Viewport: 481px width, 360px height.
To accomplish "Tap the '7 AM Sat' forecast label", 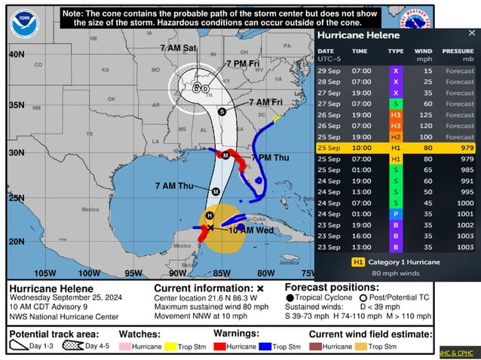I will click(179, 48).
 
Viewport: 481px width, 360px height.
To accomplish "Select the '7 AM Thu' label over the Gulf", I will click(175, 185).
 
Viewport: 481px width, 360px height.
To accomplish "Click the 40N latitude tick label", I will click(16, 55).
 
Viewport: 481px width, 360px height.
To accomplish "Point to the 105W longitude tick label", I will click(45, 273).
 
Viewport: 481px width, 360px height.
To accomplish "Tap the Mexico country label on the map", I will click(90, 209).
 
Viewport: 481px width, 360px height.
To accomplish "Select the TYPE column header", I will click(396, 51).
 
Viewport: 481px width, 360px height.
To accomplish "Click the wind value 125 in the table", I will click(426, 114).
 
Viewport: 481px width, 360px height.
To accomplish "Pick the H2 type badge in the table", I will click(396, 137).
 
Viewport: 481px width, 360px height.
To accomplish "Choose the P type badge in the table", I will click(396, 214).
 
